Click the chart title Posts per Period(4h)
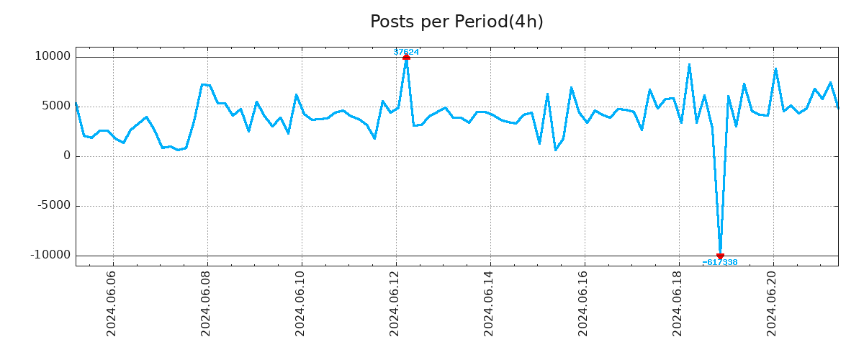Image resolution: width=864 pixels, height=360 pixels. (456, 22)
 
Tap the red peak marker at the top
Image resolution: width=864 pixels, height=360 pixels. (406, 57)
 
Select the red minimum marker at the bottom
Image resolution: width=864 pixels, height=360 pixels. (720, 256)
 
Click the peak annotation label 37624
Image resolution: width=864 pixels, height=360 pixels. (406, 52)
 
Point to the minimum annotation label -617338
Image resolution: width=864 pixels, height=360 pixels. (720, 263)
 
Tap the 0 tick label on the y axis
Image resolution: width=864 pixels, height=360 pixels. (67, 156)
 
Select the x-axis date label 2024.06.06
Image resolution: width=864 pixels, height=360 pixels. (112, 303)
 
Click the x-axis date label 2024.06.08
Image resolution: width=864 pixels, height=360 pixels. (206, 303)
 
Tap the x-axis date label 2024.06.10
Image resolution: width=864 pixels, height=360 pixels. (300, 303)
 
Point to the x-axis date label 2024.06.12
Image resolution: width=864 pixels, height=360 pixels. (395, 303)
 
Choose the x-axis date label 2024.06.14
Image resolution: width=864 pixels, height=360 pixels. (489, 303)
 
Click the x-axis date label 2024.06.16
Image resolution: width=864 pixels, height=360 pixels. (583, 303)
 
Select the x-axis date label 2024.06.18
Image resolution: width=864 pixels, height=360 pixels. (678, 303)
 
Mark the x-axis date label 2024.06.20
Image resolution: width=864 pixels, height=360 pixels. (773, 303)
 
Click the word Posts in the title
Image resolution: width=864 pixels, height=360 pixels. (393, 22)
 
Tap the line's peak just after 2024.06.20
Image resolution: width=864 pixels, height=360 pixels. (775, 69)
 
